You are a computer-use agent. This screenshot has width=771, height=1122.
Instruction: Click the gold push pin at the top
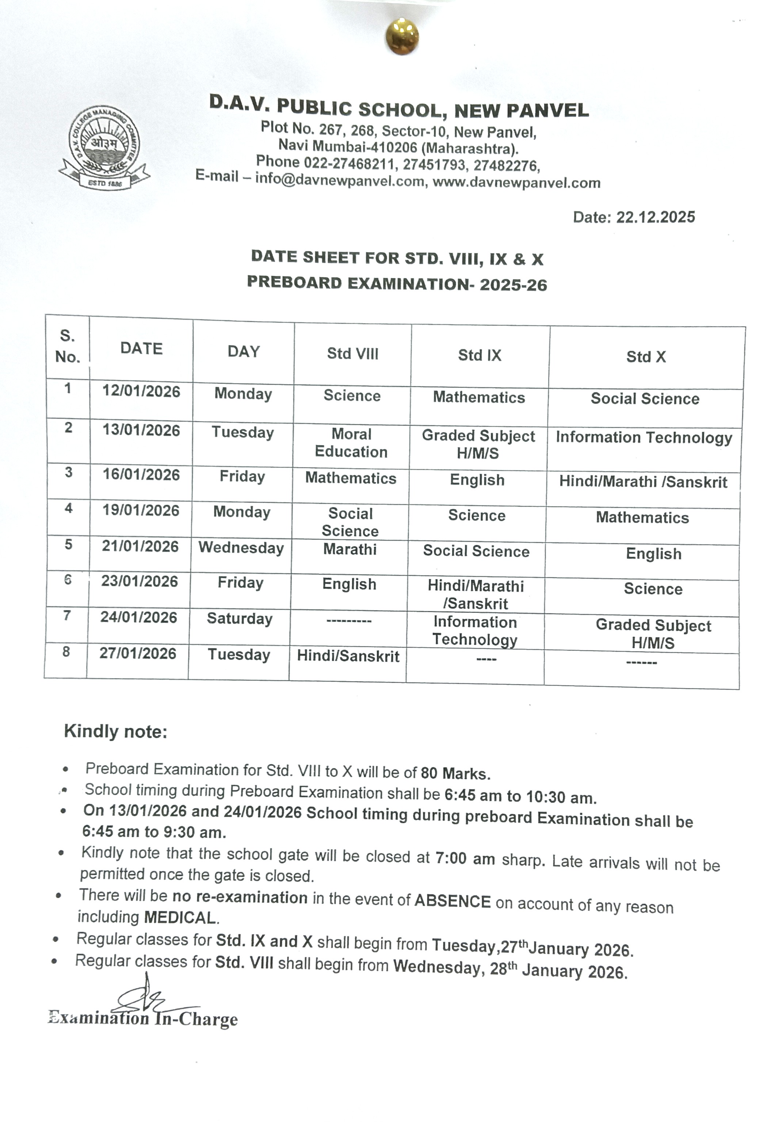402,36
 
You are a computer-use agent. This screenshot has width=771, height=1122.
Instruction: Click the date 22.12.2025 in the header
655,217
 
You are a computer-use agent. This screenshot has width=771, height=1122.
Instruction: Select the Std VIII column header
353,354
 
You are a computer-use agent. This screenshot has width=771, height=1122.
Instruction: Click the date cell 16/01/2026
141,475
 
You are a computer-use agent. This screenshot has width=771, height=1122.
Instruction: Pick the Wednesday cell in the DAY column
241,548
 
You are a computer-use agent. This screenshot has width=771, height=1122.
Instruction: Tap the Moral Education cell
351,443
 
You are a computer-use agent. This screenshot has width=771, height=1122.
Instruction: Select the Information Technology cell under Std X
644,438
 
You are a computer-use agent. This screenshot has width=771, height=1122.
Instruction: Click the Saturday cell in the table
240,619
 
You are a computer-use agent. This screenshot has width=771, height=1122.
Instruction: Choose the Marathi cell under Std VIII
350,549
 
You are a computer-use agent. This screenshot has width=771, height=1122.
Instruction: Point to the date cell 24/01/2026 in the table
139,617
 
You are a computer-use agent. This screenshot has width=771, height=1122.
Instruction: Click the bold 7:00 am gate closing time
465,858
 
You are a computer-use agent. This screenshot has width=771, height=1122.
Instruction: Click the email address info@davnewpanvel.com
340,180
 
